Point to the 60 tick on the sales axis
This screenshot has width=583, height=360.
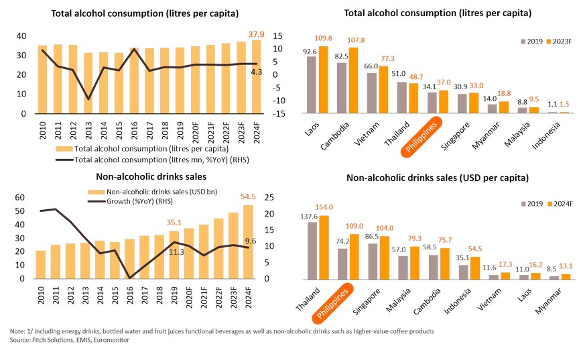20,198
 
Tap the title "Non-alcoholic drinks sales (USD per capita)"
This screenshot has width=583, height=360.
439,178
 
